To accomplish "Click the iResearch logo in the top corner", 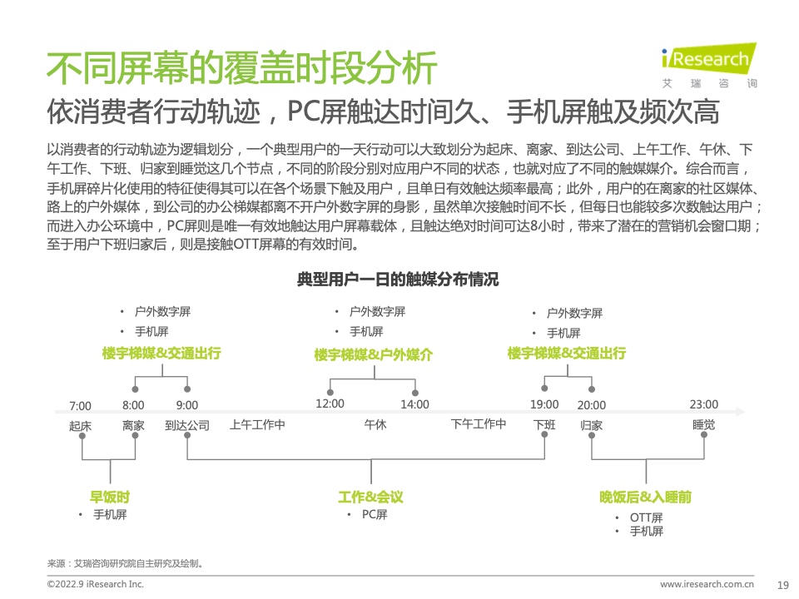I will [x=708, y=65].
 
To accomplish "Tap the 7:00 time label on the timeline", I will [x=80, y=406].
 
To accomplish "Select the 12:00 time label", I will [x=330, y=404].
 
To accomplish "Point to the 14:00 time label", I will [x=414, y=405].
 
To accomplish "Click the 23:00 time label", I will [x=703, y=405].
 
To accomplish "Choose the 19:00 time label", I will [x=544, y=405].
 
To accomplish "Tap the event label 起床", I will [x=80, y=426].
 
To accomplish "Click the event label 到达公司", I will [x=187, y=426].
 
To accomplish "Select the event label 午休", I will [x=375, y=425].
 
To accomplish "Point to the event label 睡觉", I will [x=703, y=425].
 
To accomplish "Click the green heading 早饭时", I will [x=110, y=498].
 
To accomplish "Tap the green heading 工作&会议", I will [x=370, y=498].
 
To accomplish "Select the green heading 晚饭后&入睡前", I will [x=646, y=498].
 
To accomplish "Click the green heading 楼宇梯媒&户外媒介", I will [x=374, y=355].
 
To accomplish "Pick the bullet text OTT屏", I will [x=646, y=518].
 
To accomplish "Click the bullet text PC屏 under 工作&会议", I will [x=375, y=515].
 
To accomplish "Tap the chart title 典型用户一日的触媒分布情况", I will [x=398, y=280].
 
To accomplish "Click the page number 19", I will [x=782, y=585].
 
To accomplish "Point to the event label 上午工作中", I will [x=258, y=425].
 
